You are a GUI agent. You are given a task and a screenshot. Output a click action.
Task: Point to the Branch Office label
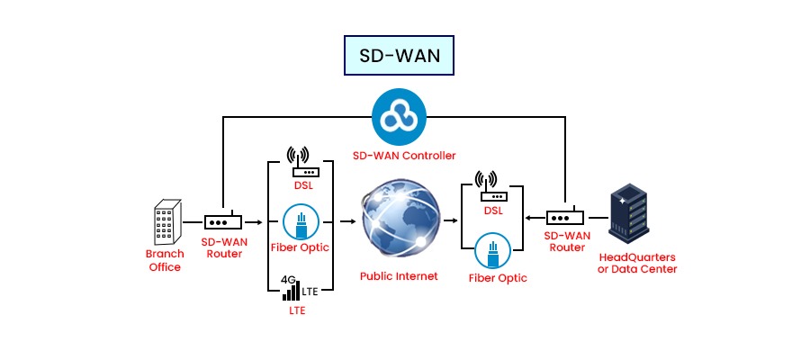(x=165, y=260)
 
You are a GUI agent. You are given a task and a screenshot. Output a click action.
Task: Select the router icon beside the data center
(x=566, y=218)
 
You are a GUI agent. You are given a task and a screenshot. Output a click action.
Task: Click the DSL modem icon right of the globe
(x=493, y=186)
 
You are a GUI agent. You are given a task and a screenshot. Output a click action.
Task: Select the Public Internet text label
(x=399, y=276)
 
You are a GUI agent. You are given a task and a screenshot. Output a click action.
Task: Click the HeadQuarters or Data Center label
(x=637, y=263)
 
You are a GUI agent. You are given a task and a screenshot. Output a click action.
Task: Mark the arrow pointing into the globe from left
(x=346, y=220)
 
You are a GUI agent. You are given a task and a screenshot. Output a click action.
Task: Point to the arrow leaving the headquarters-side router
(x=532, y=218)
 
